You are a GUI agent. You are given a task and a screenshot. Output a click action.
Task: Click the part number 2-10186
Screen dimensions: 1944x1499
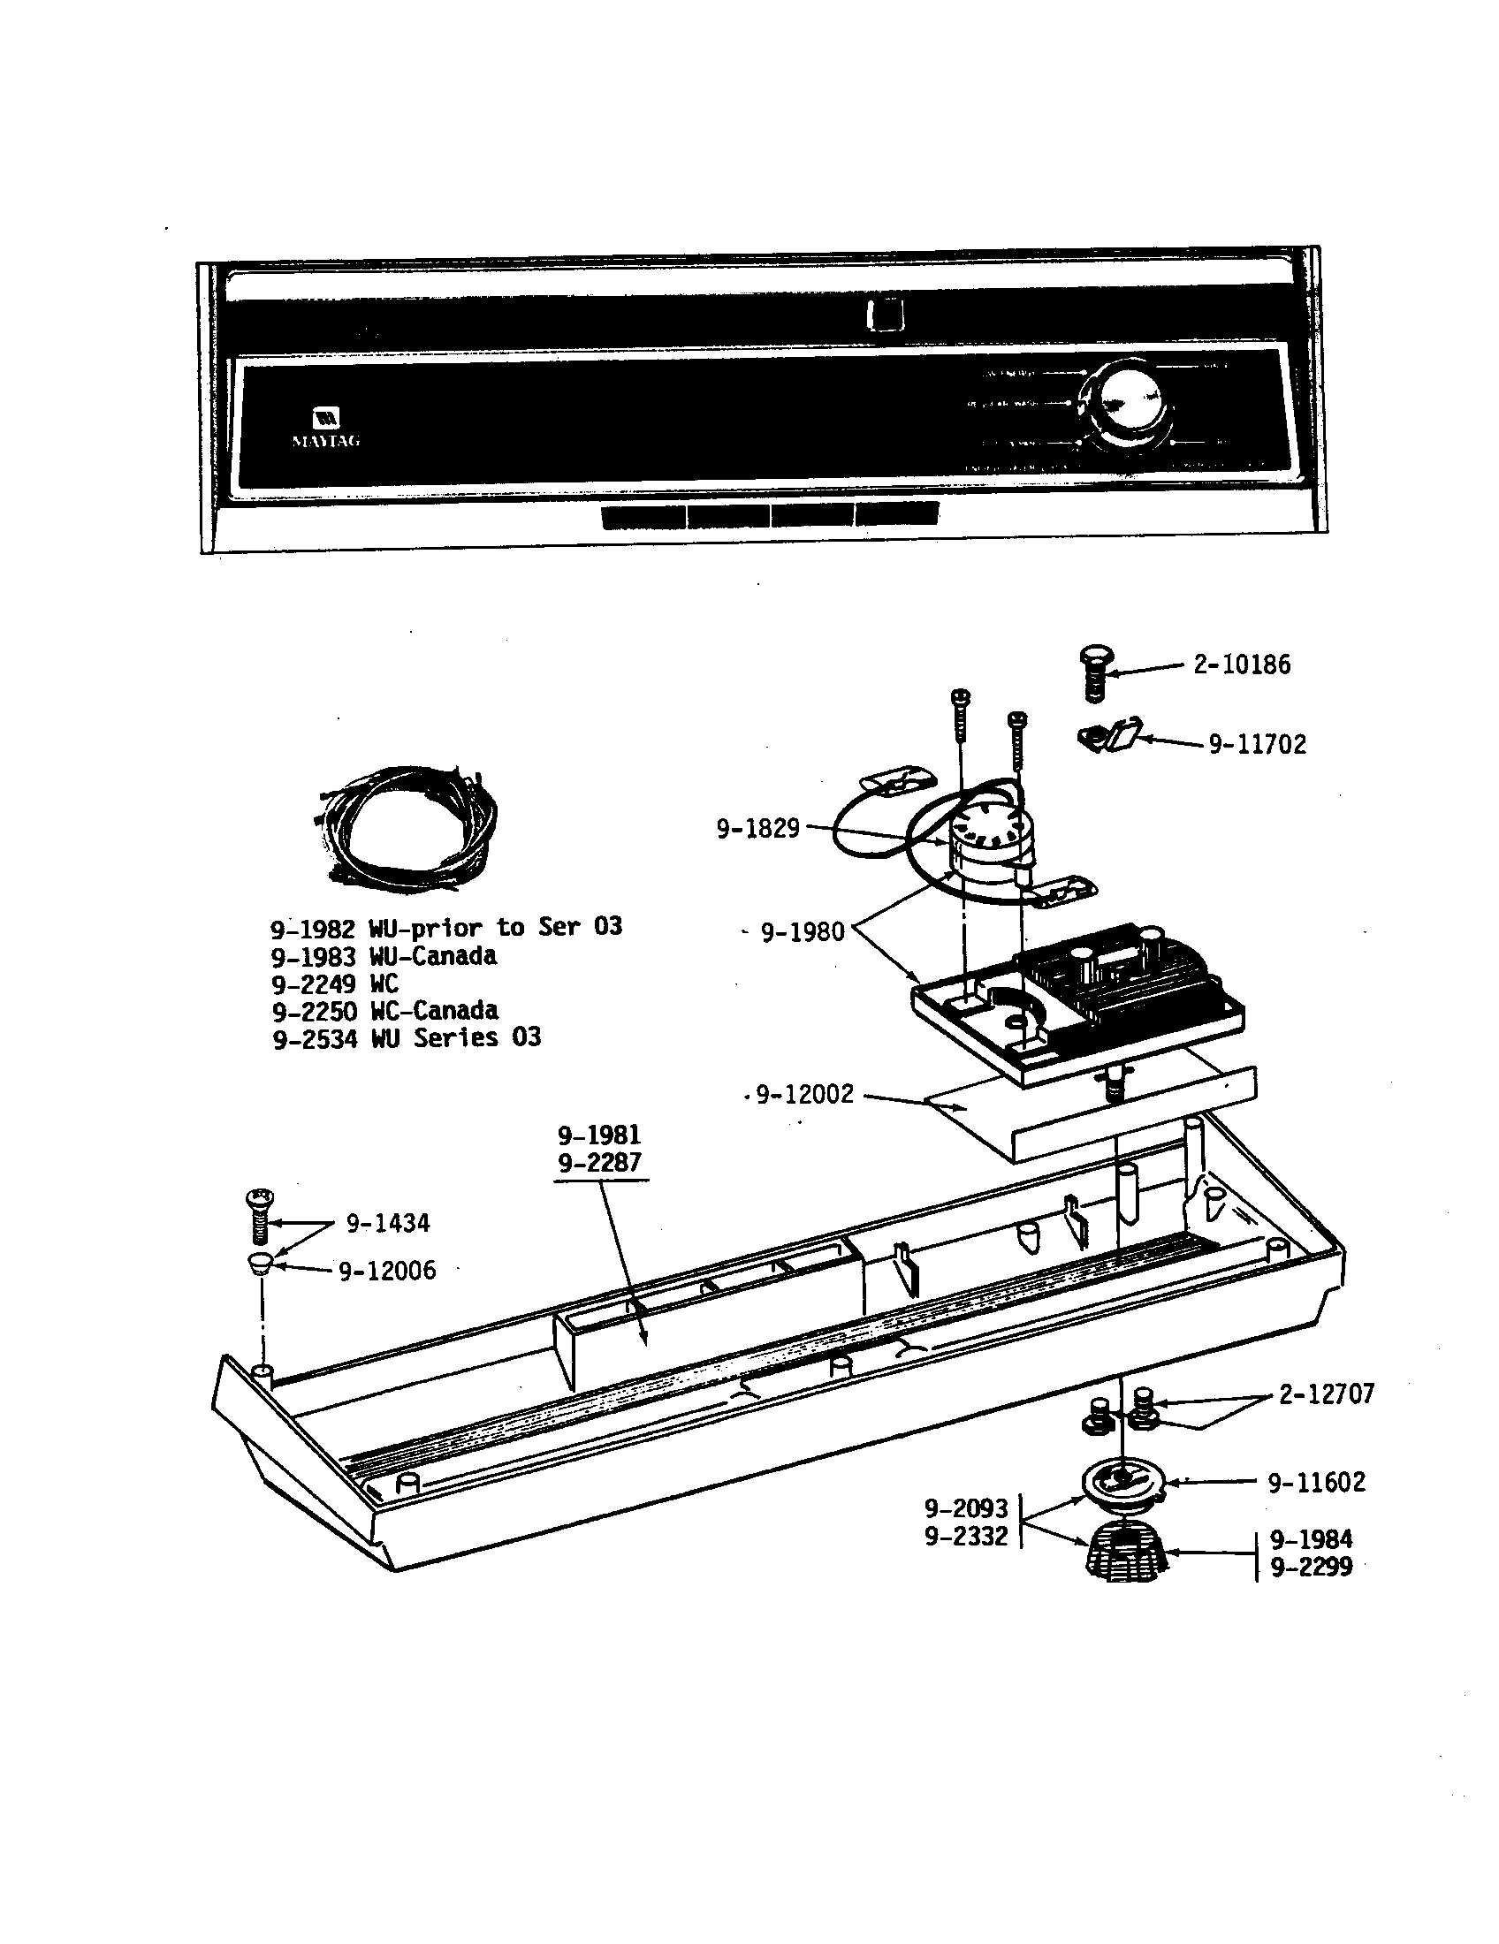point(1241,664)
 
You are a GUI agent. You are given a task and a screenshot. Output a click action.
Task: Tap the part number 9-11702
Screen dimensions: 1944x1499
point(1257,745)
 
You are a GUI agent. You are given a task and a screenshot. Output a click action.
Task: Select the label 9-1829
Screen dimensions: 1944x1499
point(757,829)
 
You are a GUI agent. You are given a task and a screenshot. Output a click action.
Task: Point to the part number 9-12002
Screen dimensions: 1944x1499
point(804,1095)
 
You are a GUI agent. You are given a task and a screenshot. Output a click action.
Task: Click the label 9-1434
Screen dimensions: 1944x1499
point(387,1224)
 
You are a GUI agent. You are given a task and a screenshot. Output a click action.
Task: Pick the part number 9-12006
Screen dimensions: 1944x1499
point(387,1271)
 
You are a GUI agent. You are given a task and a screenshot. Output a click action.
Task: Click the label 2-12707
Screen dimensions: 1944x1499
point(1327,1393)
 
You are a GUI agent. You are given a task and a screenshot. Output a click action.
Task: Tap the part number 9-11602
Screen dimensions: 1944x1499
point(1316,1482)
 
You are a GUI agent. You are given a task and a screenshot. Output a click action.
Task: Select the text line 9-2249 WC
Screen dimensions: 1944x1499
point(336,983)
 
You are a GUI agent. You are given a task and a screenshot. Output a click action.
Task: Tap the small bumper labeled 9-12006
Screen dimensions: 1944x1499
point(259,1264)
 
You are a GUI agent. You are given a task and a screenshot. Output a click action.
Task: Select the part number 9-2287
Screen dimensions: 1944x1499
point(599,1163)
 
